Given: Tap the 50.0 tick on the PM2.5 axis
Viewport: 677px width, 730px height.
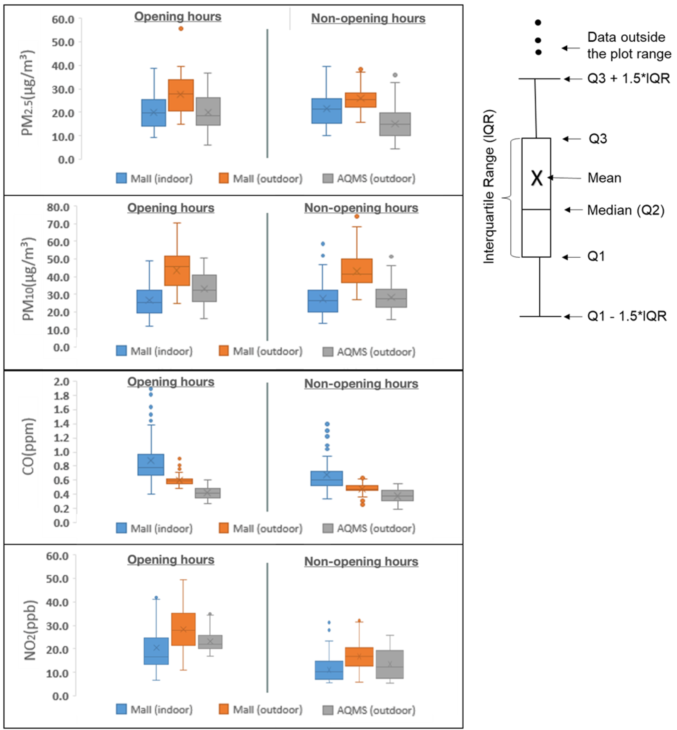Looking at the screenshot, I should click(63, 42).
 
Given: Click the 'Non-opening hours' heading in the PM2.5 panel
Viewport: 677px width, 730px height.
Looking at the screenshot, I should click(368, 18).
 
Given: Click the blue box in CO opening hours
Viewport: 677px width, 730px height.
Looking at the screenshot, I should click(151, 464).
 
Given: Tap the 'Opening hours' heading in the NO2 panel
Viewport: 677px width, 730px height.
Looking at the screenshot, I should click(171, 560).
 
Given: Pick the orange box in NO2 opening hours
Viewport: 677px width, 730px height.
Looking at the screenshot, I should click(183, 629).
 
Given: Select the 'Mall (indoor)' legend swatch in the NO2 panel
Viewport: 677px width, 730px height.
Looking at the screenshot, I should click(121, 709).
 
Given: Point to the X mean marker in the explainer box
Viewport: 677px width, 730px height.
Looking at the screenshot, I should click(537, 178).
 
